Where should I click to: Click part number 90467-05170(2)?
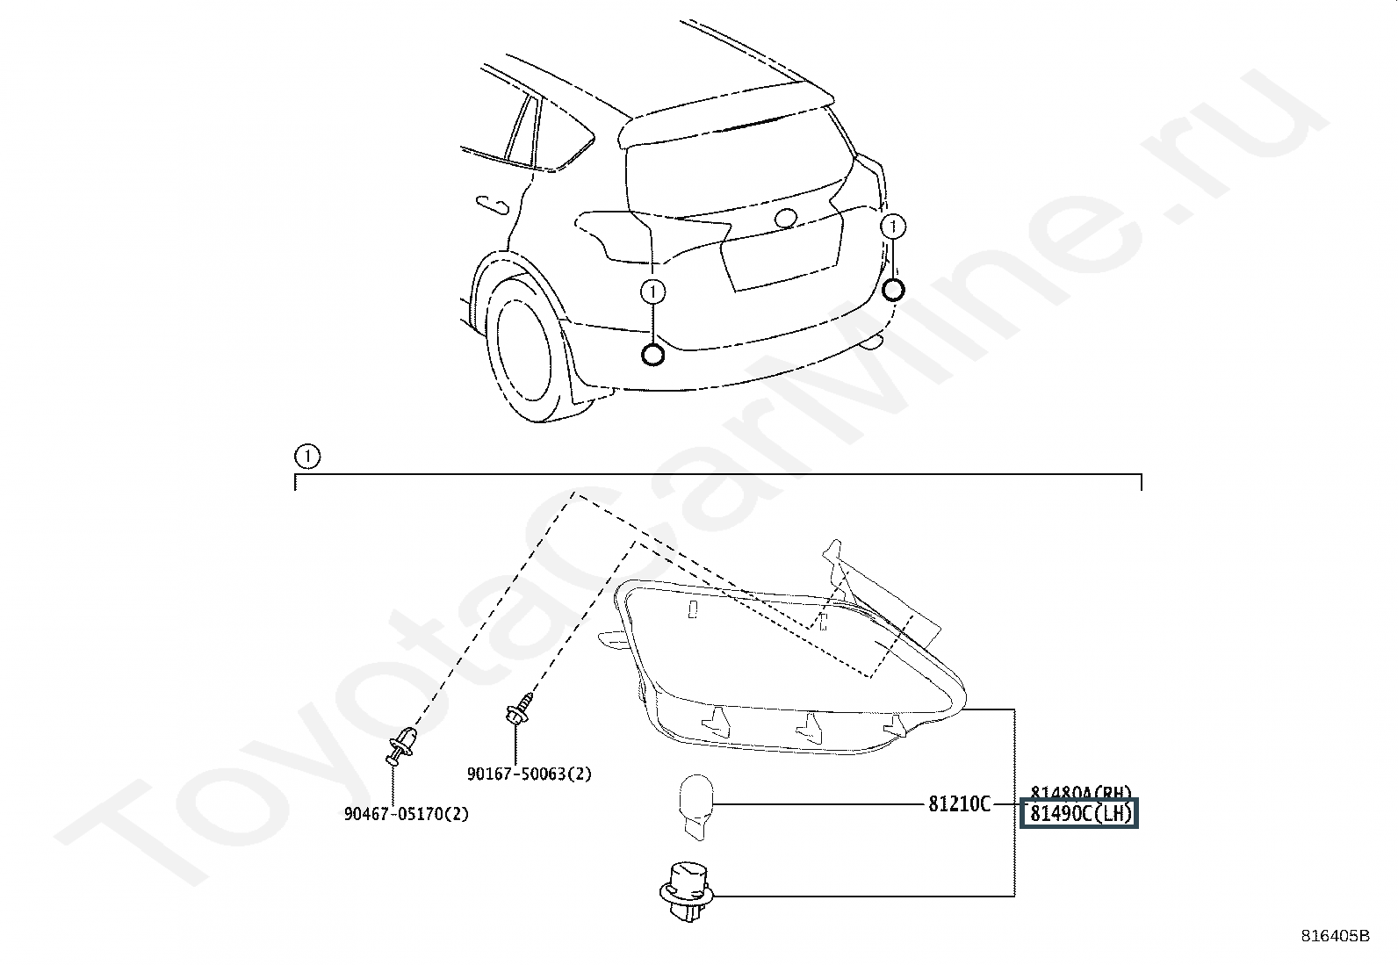pyautogui.click(x=407, y=814)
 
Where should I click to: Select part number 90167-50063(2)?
pyautogui.click(x=529, y=774)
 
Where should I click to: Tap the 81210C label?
pyautogui.click(x=959, y=803)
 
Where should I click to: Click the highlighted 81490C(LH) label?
pyautogui.click(x=1079, y=814)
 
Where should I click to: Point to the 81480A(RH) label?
pyautogui.click(x=1081, y=792)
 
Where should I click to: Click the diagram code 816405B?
pyautogui.click(x=1335, y=936)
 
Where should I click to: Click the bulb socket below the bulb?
pyautogui.click(x=688, y=890)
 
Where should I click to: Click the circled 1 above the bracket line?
pyautogui.click(x=307, y=457)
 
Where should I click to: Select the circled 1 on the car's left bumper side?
pyautogui.click(x=652, y=291)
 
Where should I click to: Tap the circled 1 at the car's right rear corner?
pyautogui.click(x=893, y=227)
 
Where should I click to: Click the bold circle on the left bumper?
pyautogui.click(x=652, y=355)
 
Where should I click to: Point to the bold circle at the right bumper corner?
pyautogui.click(x=893, y=290)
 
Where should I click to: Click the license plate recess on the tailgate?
pyautogui.click(x=780, y=255)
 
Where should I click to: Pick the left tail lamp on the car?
pyautogui.click(x=615, y=235)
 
